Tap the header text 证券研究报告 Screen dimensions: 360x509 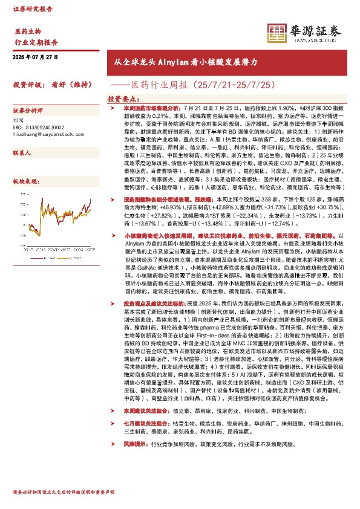coord(32,9)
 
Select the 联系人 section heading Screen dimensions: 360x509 coord(22,154)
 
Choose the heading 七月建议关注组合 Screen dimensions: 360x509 coord(146,407)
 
